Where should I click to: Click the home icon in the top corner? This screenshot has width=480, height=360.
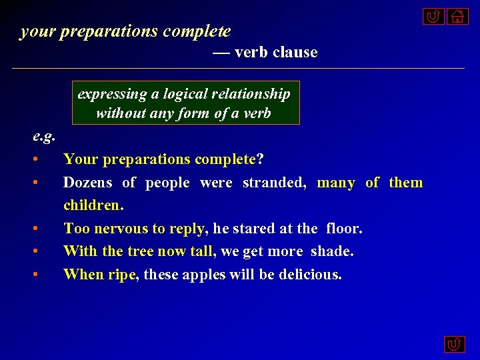coord(457,17)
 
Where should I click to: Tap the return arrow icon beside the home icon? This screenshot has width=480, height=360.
coord(433,17)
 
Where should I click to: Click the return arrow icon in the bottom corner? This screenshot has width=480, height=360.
coord(455,344)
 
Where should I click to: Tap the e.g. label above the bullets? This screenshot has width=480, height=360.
coord(44,137)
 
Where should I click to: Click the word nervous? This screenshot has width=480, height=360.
coord(121,229)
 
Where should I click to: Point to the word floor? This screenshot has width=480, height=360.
coord(344,229)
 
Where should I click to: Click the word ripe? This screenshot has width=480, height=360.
coord(121,274)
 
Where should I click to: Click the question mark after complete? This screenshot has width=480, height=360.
coord(260,160)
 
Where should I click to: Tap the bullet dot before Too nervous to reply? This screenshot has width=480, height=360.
coord(42,229)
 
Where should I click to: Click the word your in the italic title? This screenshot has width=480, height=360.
coord(37,31)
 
